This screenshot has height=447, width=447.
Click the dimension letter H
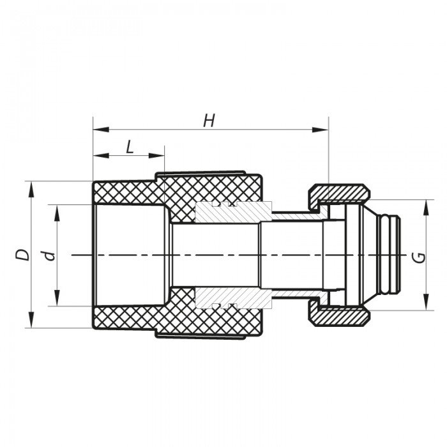tap(209, 120)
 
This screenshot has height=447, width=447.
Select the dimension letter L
tap(130, 146)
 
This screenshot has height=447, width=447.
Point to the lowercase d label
tap(49, 255)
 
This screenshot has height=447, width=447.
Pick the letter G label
tap(418, 257)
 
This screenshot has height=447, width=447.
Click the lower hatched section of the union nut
tap(338, 315)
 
